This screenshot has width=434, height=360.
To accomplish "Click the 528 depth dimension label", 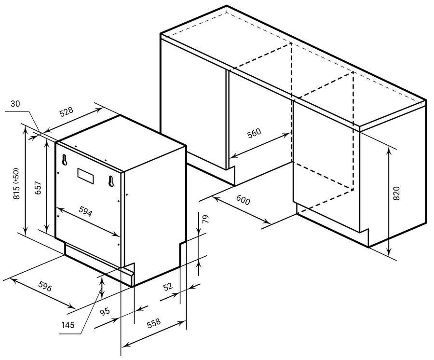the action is (x=67, y=111).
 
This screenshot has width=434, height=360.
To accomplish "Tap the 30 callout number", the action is (x=15, y=104).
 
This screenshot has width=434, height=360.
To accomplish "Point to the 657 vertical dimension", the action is (x=38, y=188).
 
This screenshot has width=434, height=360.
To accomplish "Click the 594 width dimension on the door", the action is (x=85, y=211).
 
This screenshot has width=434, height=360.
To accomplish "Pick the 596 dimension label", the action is (x=45, y=286).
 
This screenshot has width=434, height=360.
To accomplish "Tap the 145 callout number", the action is (x=68, y=325).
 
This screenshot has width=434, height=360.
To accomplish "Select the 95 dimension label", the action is (x=105, y=312).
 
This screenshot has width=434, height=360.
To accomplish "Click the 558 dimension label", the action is (x=154, y=323).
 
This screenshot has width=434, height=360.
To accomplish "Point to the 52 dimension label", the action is (x=168, y=287).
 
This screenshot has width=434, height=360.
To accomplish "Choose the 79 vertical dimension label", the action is (x=205, y=219).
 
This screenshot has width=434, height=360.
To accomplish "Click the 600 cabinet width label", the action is (x=243, y=200).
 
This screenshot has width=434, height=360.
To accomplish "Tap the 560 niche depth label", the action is (x=254, y=133).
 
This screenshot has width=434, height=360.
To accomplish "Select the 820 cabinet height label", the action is (x=397, y=194).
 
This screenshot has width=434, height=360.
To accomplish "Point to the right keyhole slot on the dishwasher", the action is (x=111, y=181).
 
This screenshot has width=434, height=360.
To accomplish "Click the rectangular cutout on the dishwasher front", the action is (x=85, y=176).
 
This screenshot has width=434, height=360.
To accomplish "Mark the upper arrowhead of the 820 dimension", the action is (x=389, y=151).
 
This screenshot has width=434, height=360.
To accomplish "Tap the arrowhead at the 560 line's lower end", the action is (x=233, y=156).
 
